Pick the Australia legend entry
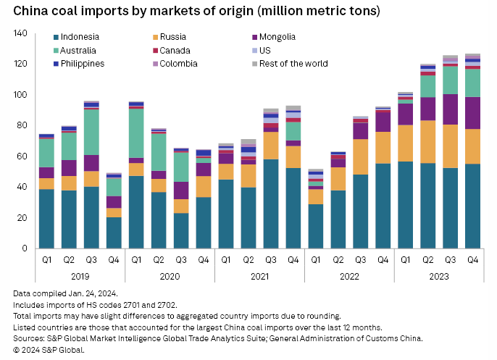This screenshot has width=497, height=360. coord(78,51)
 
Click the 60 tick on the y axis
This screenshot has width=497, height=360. coord(22,156)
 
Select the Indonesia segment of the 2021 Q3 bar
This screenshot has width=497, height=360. coord(271,204)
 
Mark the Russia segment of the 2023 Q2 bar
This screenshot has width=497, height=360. coord(427,142)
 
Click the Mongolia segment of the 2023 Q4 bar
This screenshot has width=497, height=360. coord(472,113)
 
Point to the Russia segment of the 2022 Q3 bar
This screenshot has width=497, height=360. coord(360,156)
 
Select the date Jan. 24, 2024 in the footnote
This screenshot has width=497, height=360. coord(91,293)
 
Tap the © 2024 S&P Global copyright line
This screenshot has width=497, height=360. coord(49,350)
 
